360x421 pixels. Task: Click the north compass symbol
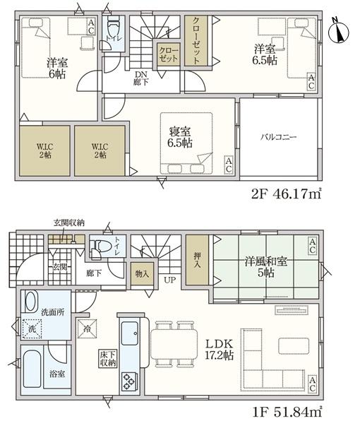(339, 32)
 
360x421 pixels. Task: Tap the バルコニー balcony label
(279, 138)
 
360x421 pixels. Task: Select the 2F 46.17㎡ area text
(286, 194)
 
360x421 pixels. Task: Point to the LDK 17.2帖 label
(219, 350)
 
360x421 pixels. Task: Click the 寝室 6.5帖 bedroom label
(180, 137)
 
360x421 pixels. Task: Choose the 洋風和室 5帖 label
(265, 267)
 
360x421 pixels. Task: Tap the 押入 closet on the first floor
(198, 260)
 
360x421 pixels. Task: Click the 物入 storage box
(142, 274)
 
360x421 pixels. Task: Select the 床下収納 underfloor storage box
(108, 358)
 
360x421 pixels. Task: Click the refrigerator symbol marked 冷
(87, 328)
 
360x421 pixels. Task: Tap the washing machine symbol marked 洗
(32, 329)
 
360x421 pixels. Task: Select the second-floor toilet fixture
(114, 26)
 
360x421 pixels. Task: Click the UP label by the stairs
(170, 280)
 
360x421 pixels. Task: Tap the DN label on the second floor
(141, 74)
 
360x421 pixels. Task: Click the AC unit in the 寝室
(229, 165)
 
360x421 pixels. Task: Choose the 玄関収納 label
(69, 223)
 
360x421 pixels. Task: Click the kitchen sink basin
(130, 333)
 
